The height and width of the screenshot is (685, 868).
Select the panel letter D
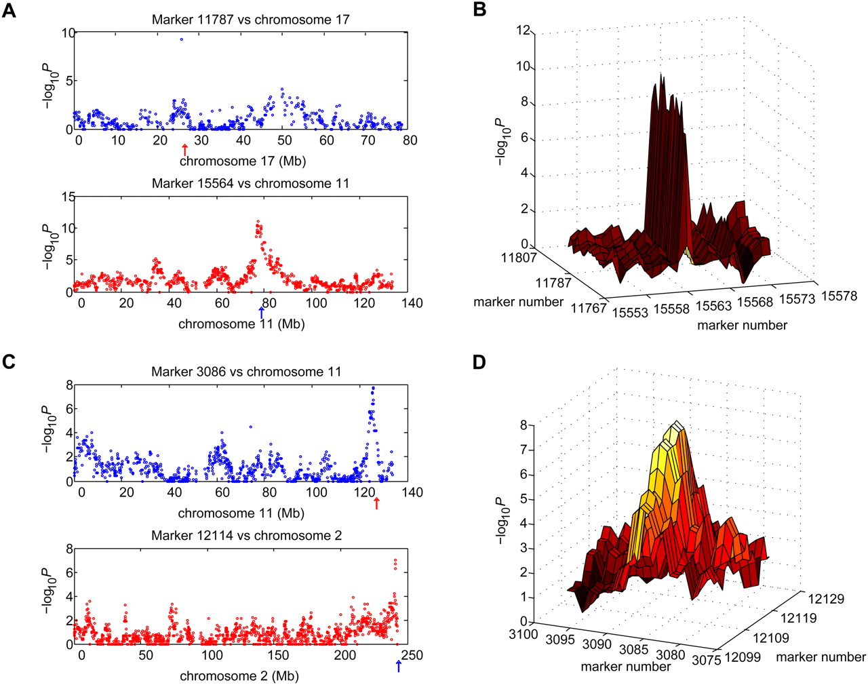479,362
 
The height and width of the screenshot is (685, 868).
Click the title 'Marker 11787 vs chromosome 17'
251,20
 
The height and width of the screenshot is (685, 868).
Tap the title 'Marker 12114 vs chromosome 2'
246,536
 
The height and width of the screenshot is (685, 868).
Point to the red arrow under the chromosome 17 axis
184,150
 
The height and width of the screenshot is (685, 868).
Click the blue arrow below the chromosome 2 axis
399,666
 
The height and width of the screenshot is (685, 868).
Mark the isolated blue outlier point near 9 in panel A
182,39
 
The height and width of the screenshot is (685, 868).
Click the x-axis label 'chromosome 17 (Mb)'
242,161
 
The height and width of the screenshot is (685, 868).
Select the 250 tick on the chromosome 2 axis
412,655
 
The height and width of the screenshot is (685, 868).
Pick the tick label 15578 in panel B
839,296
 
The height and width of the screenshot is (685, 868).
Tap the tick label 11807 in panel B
519,258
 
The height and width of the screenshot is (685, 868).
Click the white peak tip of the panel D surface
676,426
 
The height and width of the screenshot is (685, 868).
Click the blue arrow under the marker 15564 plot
262,312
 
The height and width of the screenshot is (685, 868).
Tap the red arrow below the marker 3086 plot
377,503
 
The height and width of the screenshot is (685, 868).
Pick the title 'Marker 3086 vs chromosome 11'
246,372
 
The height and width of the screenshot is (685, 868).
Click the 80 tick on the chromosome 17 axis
410,140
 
